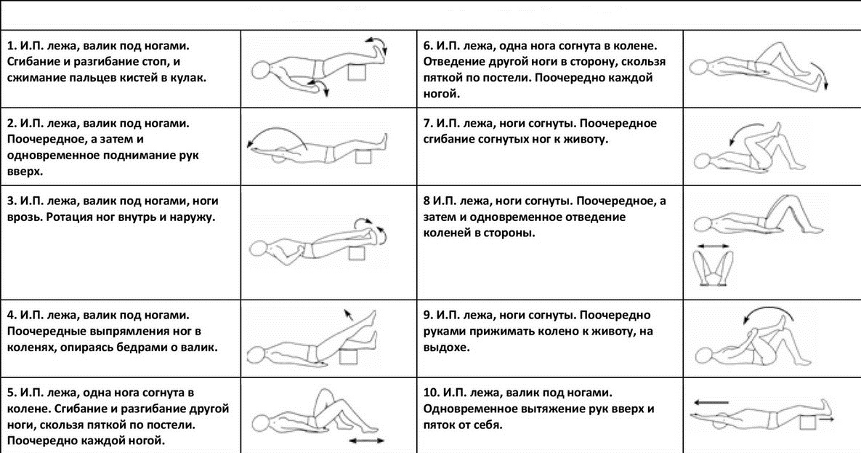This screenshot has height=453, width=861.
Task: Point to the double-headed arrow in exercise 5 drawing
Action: click(x=366, y=441)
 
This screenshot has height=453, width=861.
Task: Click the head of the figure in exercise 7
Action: click(x=702, y=159)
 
